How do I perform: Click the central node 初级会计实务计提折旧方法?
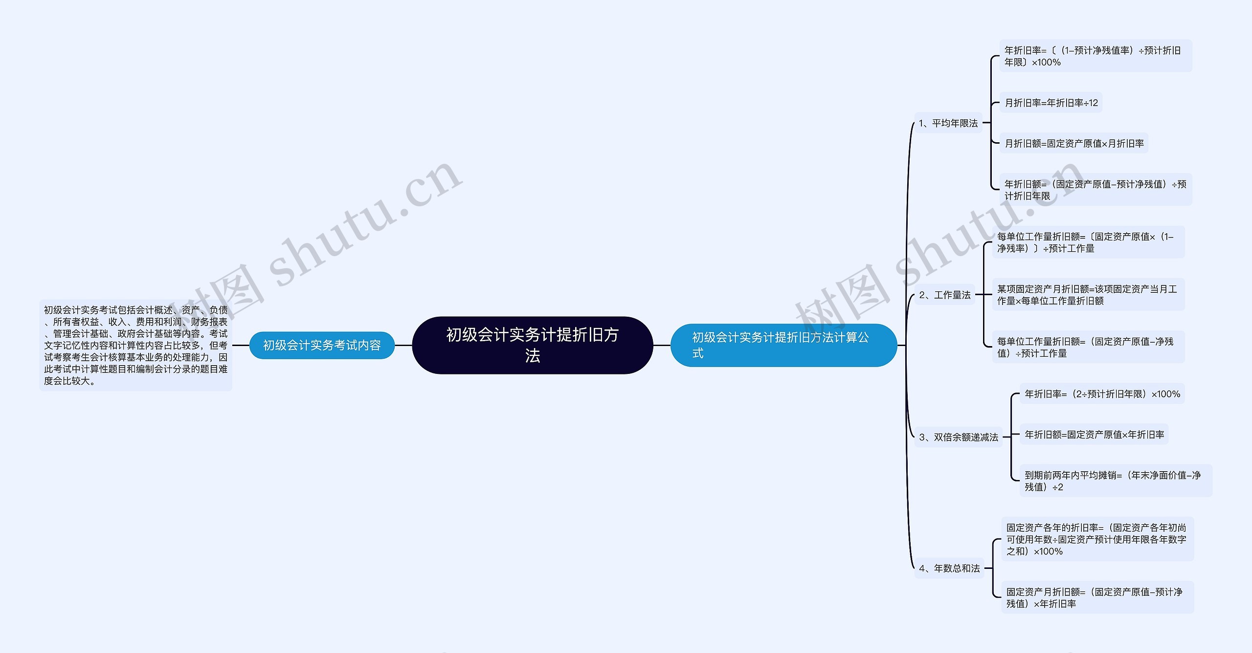532,345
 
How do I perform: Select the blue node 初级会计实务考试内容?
322,345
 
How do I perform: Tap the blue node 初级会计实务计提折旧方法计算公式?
783,345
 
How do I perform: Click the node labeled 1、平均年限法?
948,123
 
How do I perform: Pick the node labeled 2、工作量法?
944,295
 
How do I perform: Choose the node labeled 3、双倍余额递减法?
958,437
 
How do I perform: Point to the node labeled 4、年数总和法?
949,568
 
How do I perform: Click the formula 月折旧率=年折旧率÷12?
1051,103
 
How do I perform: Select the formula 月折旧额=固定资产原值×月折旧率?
1073,143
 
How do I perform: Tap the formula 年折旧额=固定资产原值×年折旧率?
1094,434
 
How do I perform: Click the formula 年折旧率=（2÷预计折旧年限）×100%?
1102,393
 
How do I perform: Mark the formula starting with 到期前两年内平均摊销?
1115,480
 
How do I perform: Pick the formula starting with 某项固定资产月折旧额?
1088,295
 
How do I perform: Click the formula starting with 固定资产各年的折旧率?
1097,539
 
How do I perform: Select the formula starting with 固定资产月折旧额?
1097,597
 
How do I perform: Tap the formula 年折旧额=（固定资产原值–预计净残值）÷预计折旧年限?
1095,190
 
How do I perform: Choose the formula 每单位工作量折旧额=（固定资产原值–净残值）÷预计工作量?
1088,347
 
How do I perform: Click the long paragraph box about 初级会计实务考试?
135,345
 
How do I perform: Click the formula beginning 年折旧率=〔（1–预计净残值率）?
1095,56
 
